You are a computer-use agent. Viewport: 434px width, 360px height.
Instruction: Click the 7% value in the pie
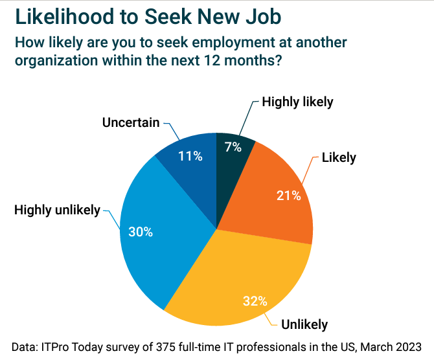(x=233, y=147)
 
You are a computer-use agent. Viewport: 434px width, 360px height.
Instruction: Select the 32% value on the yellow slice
(x=255, y=300)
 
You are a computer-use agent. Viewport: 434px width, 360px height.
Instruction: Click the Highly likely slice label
(x=297, y=102)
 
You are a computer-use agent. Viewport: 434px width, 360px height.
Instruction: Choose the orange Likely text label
(x=339, y=157)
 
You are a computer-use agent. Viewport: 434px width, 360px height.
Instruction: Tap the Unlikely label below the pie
(x=304, y=324)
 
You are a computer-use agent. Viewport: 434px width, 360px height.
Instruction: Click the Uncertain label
(x=131, y=122)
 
